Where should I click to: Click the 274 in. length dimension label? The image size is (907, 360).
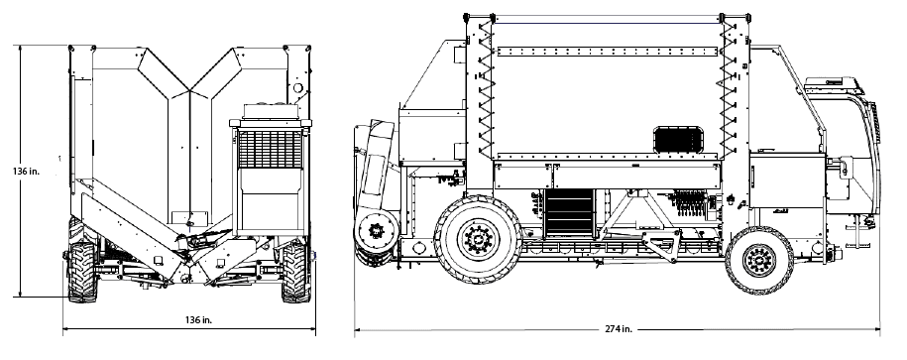point(619,329)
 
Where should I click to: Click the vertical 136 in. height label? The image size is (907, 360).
point(26,172)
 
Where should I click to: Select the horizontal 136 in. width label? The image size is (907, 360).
point(198,320)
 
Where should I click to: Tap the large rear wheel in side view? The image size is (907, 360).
point(478,239)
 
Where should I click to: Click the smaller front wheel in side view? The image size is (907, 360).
point(759,261)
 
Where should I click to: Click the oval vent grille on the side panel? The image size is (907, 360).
point(679,141)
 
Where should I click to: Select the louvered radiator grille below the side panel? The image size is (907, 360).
point(569,212)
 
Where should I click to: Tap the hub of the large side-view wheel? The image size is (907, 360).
point(478,239)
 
